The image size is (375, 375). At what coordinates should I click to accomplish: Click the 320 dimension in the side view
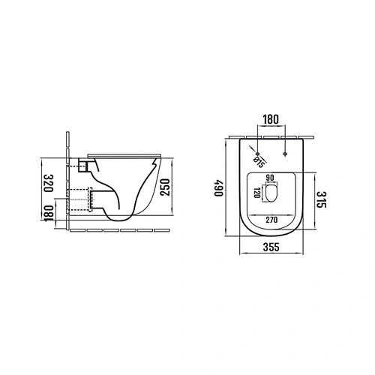coord(49,183)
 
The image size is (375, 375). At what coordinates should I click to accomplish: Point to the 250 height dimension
coord(165,187)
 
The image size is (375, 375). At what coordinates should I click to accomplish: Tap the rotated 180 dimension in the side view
coord(49,213)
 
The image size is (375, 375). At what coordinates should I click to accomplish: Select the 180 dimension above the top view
coord(271,120)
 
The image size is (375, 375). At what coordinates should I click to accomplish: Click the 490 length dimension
coord(219,187)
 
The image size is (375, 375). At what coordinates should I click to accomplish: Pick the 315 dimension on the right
coord(322,199)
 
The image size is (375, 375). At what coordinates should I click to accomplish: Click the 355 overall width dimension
coord(271,247)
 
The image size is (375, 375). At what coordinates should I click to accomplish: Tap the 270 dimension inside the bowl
coord(271,220)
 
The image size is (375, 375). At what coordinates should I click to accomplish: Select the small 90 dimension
coord(270,178)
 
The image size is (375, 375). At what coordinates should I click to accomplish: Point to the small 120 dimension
coord(256,193)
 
